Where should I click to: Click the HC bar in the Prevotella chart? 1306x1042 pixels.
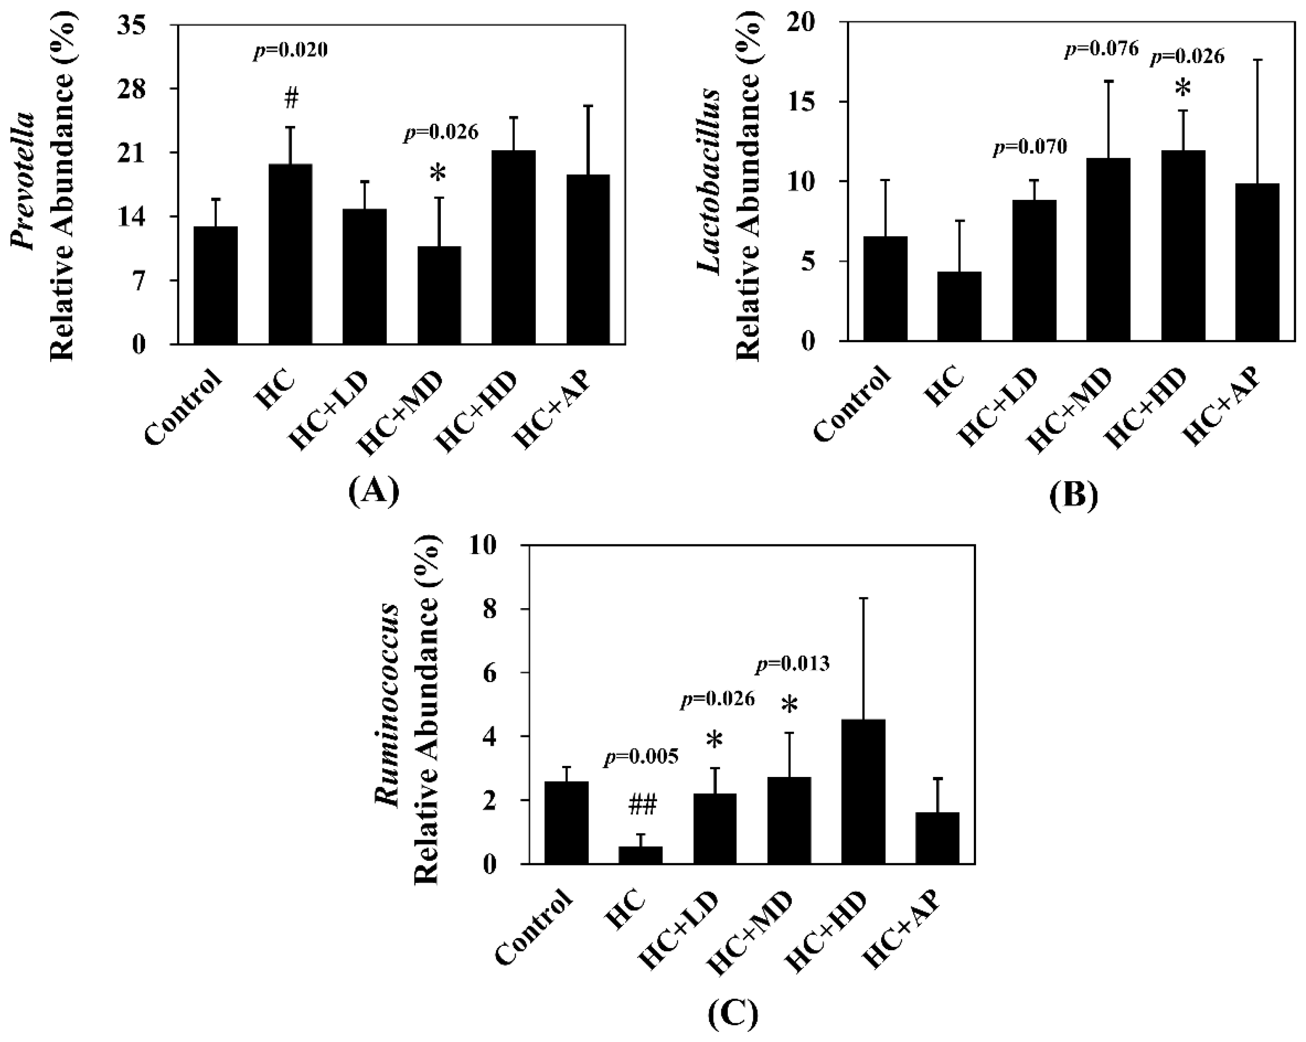290,254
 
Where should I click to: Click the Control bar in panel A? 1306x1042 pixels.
216,285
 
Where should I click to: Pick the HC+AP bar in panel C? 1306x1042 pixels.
937,838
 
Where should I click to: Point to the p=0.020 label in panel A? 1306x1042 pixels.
290,51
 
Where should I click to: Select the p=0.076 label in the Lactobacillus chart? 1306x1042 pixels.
1102,49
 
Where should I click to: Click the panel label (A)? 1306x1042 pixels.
374,491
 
